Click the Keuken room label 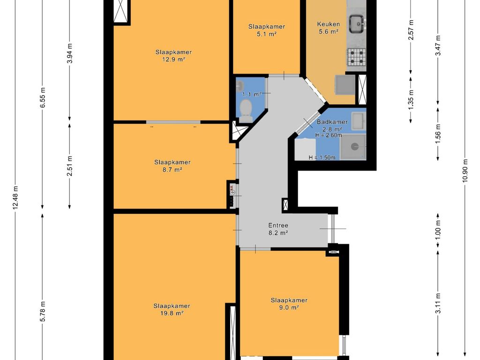tap(328, 24)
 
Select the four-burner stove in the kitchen tap(356, 57)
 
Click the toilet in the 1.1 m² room tap(246, 110)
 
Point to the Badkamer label tap(332, 122)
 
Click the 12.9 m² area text tap(173, 60)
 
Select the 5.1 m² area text tap(267, 34)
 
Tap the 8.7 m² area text tap(172, 170)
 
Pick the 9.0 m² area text tap(289, 307)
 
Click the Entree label tap(278, 225)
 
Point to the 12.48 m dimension tap(15, 197)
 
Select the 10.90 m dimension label tap(465, 171)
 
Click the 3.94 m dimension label tap(70, 53)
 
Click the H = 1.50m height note tap(322, 157)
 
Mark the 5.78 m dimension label tap(43, 311)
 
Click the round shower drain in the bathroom tap(354, 147)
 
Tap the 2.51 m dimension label tap(70, 166)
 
